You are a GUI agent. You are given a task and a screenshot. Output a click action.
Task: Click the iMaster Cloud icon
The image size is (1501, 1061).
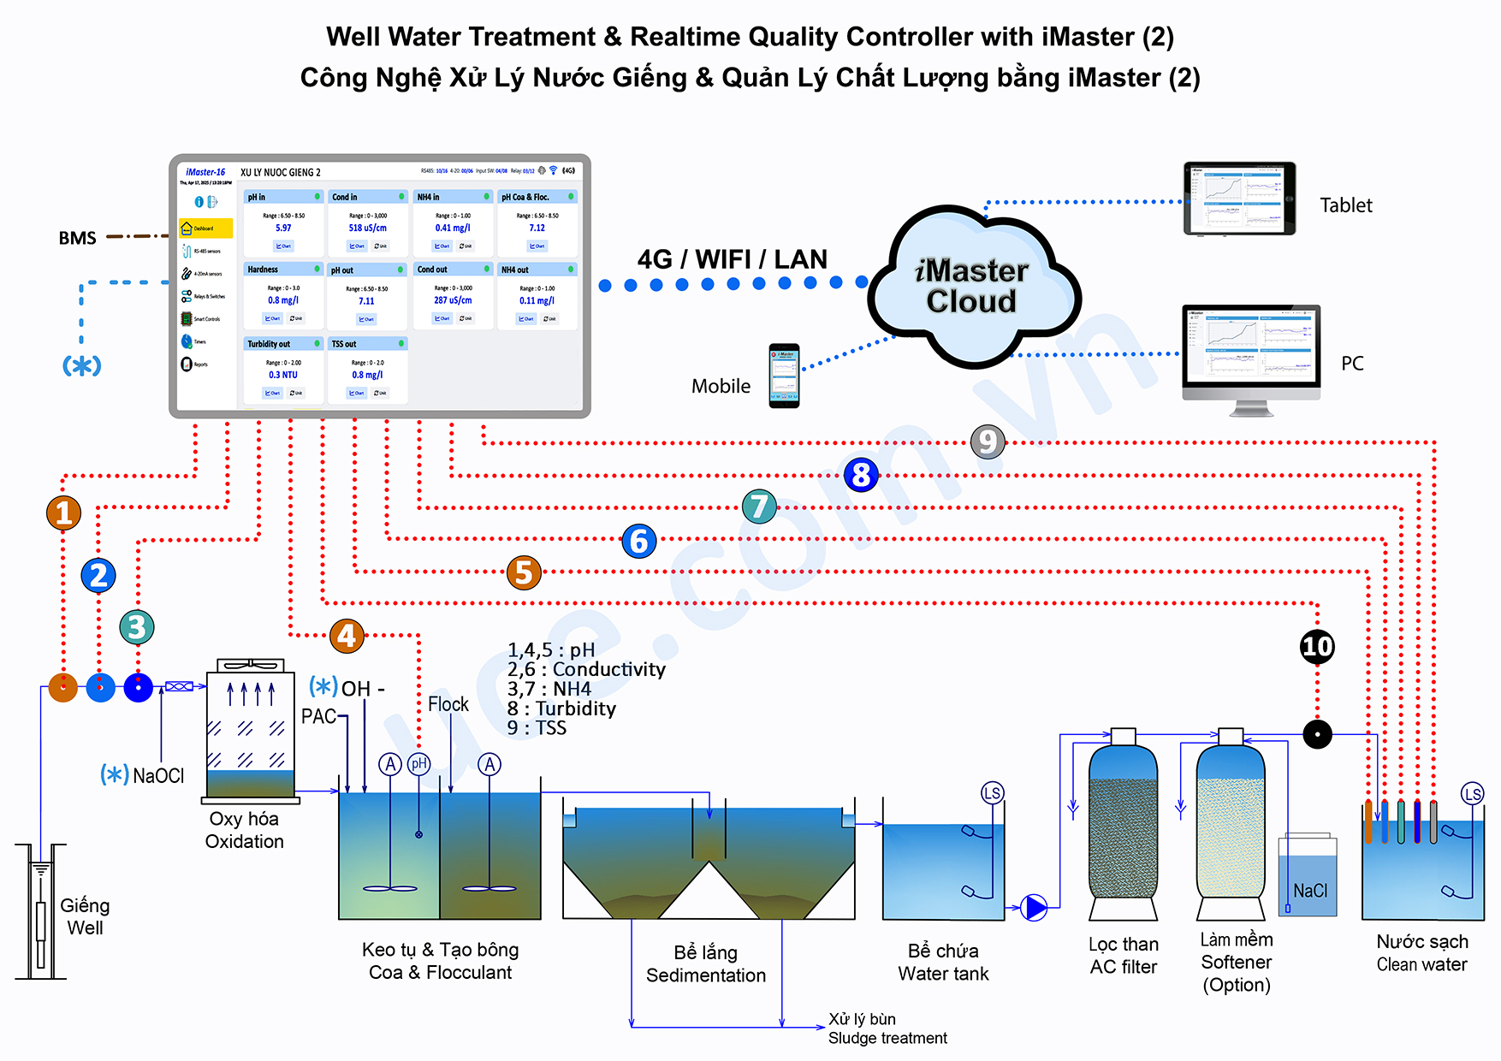click(x=973, y=287)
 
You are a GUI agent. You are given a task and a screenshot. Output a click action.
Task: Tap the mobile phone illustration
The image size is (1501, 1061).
click(x=784, y=376)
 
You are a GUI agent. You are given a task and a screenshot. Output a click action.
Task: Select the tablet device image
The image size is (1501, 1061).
click(x=1239, y=199)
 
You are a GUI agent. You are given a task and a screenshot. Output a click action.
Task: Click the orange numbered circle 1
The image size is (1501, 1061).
click(x=63, y=513)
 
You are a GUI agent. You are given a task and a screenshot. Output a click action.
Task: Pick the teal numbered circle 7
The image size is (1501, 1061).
click(x=759, y=507)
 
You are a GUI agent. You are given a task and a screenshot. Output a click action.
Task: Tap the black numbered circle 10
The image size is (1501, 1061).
click(x=1317, y=646)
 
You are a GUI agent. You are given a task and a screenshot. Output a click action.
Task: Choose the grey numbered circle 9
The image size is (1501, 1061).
click(x=988, y=442)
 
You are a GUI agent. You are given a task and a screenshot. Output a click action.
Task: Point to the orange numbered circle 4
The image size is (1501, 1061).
click(x=347, y=636)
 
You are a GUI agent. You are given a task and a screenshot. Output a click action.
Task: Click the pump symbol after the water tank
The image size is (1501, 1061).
click(x=1035, y=907)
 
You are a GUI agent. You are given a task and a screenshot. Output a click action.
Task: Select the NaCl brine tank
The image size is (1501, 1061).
click(x=1308, y=877)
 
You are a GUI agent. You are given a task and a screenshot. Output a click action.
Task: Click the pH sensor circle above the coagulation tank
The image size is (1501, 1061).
click(x=418, y=764)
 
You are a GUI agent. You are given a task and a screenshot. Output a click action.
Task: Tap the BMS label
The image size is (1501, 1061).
click(x=77, y=238)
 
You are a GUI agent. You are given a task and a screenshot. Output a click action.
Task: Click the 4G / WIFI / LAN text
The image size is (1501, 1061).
click(x=732, y=259)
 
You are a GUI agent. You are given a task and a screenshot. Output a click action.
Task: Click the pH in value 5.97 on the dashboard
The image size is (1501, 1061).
click(x=283, y=228)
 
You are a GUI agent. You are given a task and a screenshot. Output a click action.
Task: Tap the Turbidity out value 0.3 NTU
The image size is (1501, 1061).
click(x=283, y=375)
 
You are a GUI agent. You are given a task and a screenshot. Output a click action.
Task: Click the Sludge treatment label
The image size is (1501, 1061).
click(x=887, y=1038)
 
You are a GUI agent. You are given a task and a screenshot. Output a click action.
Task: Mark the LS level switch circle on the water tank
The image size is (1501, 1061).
click(x=992, y=793)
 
